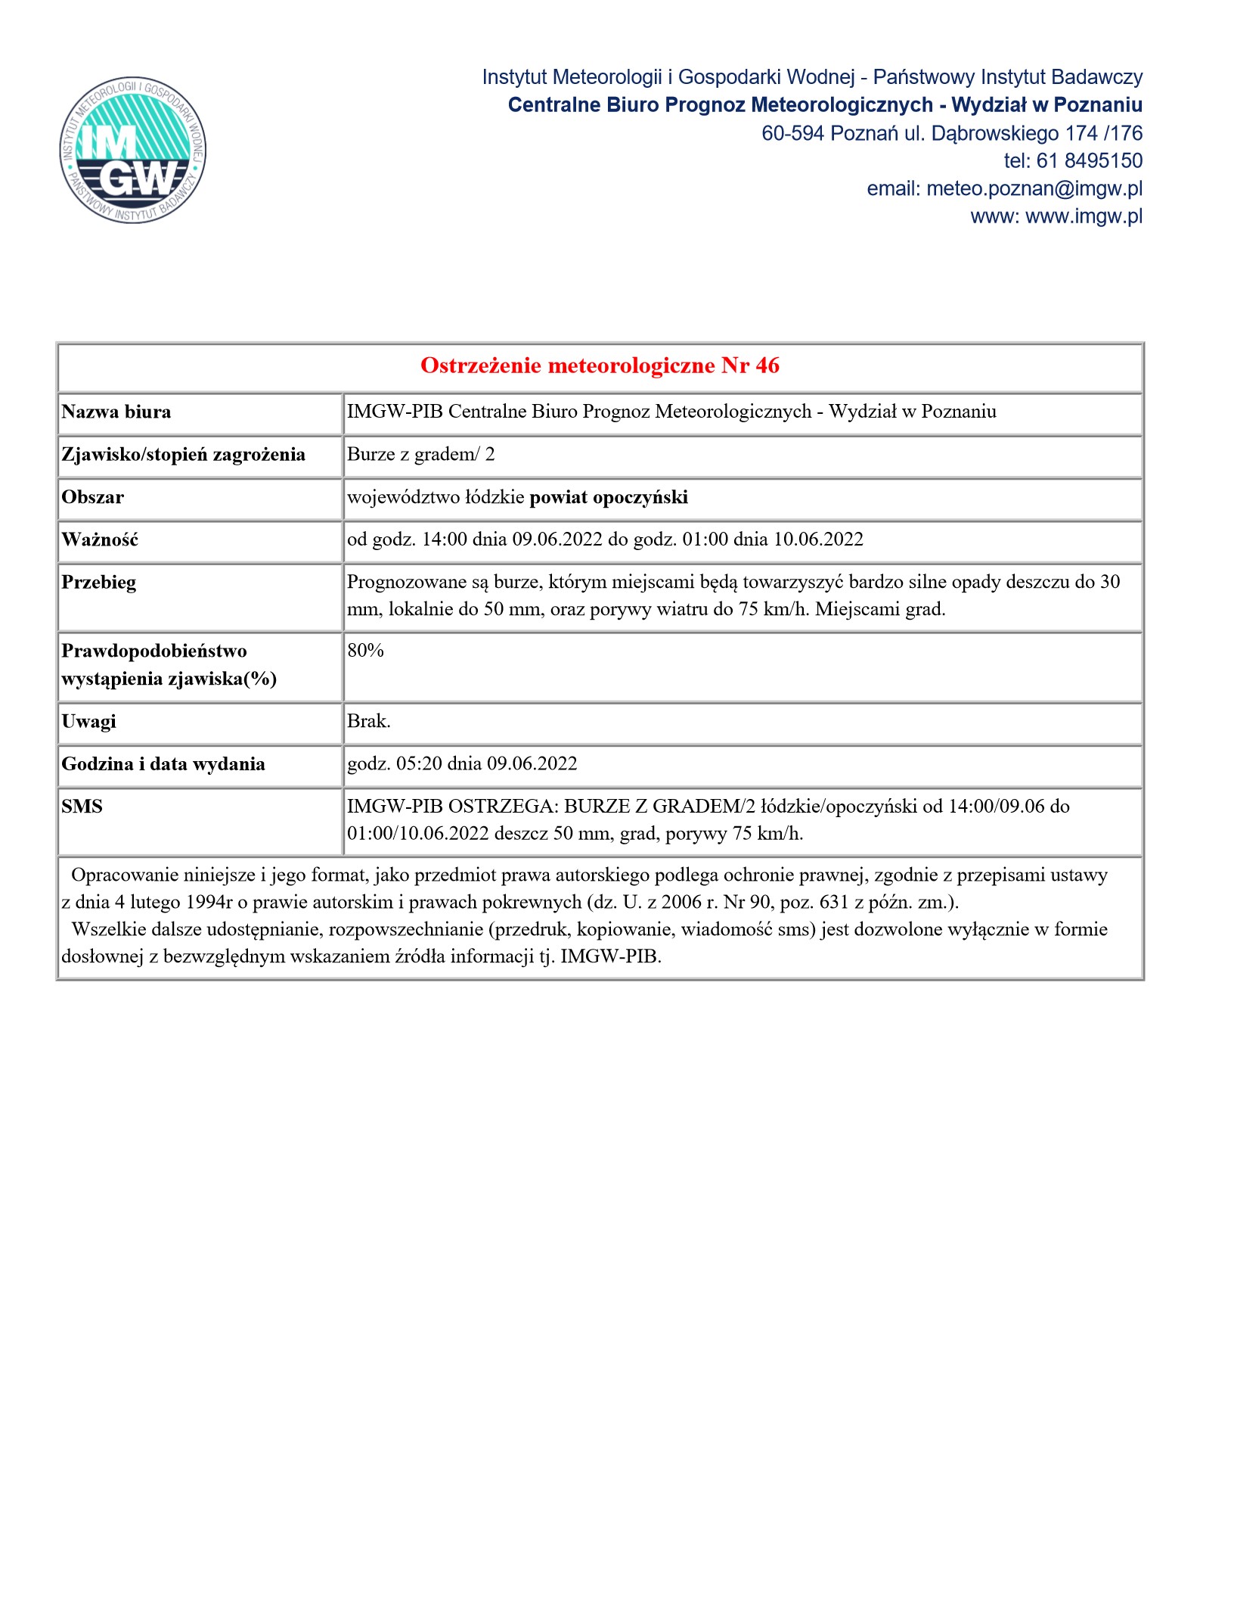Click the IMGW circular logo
[133, 151]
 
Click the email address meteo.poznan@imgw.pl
[1034, 188]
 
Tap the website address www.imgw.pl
[1084, 216]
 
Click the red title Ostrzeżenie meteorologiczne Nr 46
[600, 366]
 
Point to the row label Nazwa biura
[116, 412]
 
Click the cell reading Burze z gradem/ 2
[420, 455]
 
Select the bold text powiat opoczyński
[609, 498]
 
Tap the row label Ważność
[100, 540]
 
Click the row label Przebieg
[99, 583]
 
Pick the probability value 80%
[366, 651]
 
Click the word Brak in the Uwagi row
[367, 722]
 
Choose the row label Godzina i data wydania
[163, 764]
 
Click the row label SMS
[82, 807]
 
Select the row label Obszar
[92, 498]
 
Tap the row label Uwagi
[88, 722]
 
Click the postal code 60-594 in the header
[792, 133]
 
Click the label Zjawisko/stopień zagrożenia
[183, 455]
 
